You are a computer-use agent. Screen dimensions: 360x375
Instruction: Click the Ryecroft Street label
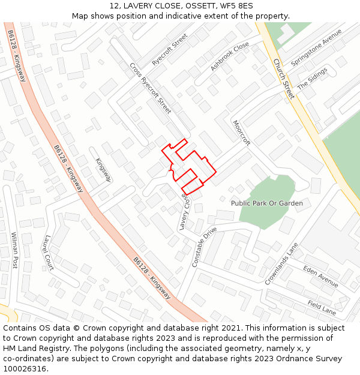tap(170, 53)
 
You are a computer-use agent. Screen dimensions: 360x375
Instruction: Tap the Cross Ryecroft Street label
tap(151, 88)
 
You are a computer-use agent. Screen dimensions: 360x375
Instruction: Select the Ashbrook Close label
tap(230, 56)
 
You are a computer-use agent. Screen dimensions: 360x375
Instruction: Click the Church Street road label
tap(283, 79)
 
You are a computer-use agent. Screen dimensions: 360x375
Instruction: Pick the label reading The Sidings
tap(312, 79)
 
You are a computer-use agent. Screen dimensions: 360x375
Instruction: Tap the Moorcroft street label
tap(241, 133)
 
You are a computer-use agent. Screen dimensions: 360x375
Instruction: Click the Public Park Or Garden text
tap(267, 203)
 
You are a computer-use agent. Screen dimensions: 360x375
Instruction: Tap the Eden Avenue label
tap(320, 276)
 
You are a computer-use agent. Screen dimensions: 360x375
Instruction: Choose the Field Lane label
tap(322, 308)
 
